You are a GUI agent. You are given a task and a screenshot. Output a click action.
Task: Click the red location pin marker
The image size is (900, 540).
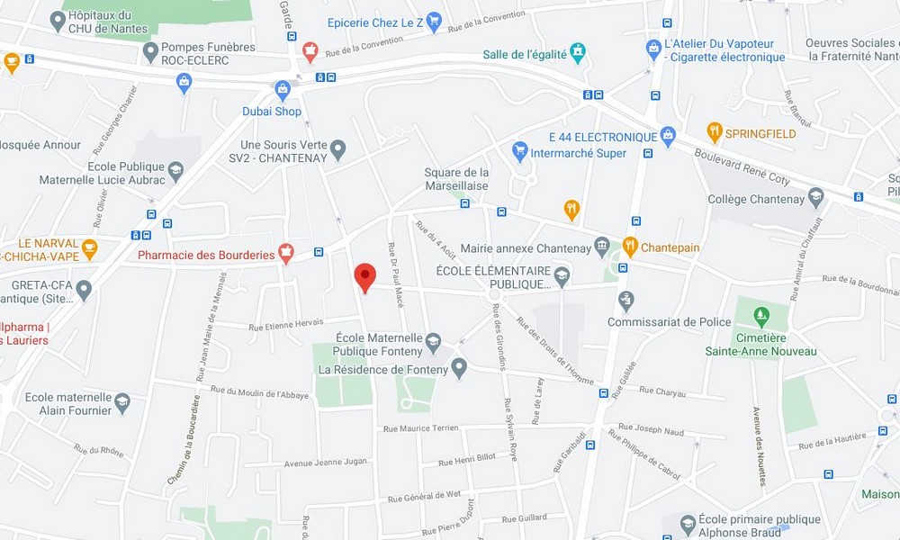pyautogui.click(x=364, y=276)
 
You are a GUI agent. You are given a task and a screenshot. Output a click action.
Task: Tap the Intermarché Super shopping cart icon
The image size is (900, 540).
pyautogui.click(x=519, y=150)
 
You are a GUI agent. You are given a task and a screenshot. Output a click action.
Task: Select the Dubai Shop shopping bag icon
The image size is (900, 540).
pyautogui.click(x=283, y=89)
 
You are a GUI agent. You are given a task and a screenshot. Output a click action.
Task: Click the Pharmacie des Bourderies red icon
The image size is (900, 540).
pyautogui.click(x=286, y=253)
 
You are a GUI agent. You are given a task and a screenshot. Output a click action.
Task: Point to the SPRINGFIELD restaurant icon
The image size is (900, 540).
pyautogui.click(x=715, y=132)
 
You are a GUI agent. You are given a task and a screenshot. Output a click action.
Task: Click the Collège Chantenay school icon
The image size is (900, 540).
pyautogui.click(x=816, y=197)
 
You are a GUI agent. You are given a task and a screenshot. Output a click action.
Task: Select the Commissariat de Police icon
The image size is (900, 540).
pyautogui.click(x=626, y=300)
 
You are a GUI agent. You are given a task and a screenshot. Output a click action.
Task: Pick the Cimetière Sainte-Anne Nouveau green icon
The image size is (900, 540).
pyautogui.click(x=761, y=316)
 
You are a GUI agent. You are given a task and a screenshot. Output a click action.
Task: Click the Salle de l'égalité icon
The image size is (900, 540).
pyautogui.click(x=578, y=52)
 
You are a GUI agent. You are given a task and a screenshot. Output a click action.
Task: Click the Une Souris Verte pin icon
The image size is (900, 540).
pyautogui.click(x=338, y=149)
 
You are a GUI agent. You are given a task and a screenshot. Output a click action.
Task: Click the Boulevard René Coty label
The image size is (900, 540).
pyautogui.click(x=743, y=167)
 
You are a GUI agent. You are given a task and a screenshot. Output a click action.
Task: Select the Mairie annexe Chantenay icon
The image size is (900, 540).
pyautogui.click(x=602, y=247)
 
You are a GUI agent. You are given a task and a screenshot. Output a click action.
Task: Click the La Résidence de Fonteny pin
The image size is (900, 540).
pyautogui.click(x=459, y=367)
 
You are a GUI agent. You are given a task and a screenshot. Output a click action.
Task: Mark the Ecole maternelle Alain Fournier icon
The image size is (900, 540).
pyautogui.click(x=122, y=402)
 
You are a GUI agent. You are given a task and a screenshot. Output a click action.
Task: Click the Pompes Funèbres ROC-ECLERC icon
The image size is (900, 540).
pyautogui.click(x=150, y=52)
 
